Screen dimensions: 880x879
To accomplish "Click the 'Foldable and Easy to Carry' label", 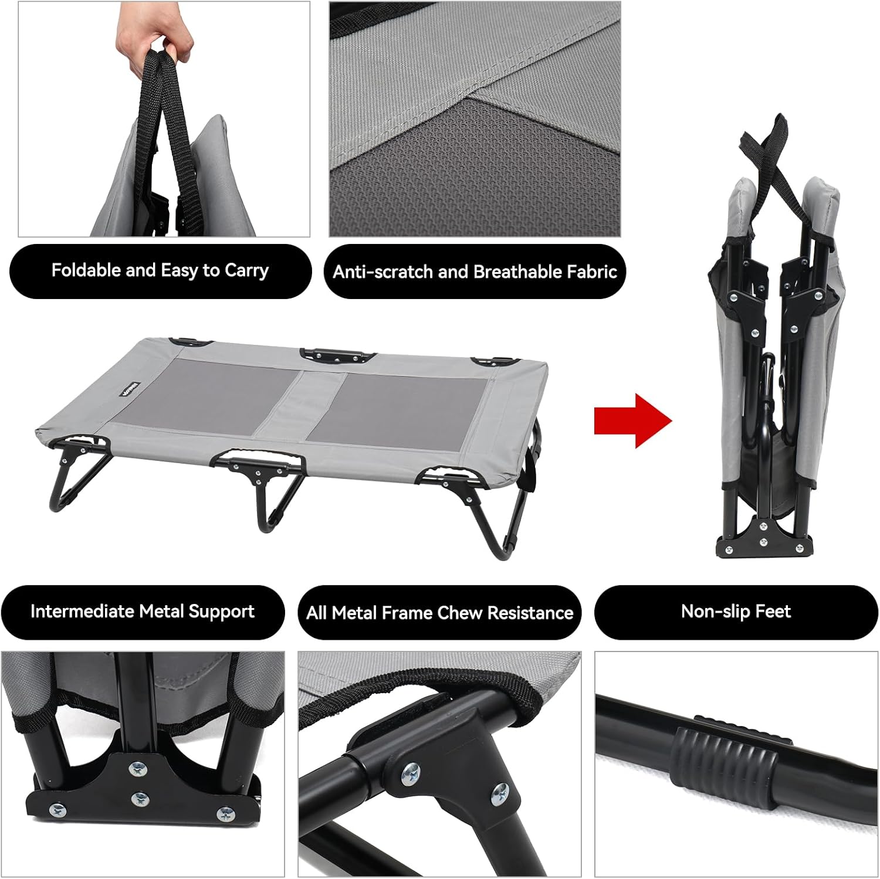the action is [x=160, y=271].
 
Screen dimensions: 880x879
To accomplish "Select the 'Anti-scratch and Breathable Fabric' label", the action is [x=475, y=272].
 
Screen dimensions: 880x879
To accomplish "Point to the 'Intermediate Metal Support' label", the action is [x=143, y=612].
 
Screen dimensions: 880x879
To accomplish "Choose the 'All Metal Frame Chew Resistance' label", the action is [x=439, y=613].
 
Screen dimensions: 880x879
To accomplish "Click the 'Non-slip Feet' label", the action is [x=736, y=612].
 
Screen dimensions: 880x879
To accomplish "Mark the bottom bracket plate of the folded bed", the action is [x=764, y=537].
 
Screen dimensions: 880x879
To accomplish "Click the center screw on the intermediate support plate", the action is [x=139, y=798].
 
